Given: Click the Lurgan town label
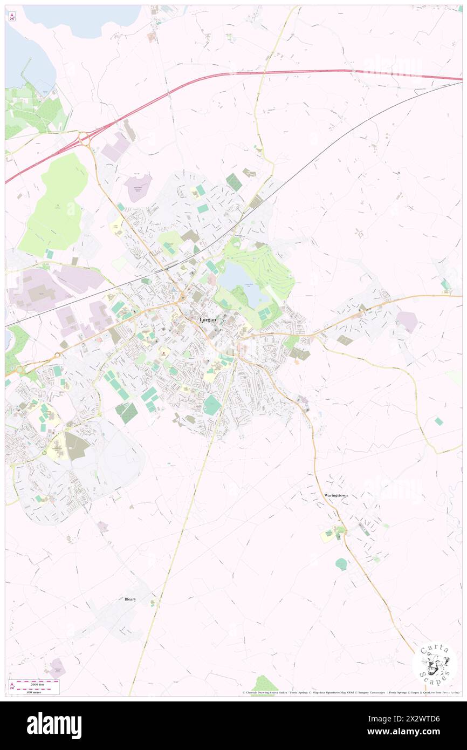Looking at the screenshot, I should [x=208, y=319].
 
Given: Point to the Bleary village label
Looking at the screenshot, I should [x=130, y=599].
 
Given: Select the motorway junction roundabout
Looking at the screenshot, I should [x=84, y=139].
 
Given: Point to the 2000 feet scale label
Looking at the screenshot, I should [x=36, y=683].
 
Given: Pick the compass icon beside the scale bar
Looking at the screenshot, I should [x=11, y=686].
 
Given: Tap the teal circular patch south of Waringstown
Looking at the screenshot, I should [x=341, y=564].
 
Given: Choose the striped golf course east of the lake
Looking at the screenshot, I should [x=272, y=270].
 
